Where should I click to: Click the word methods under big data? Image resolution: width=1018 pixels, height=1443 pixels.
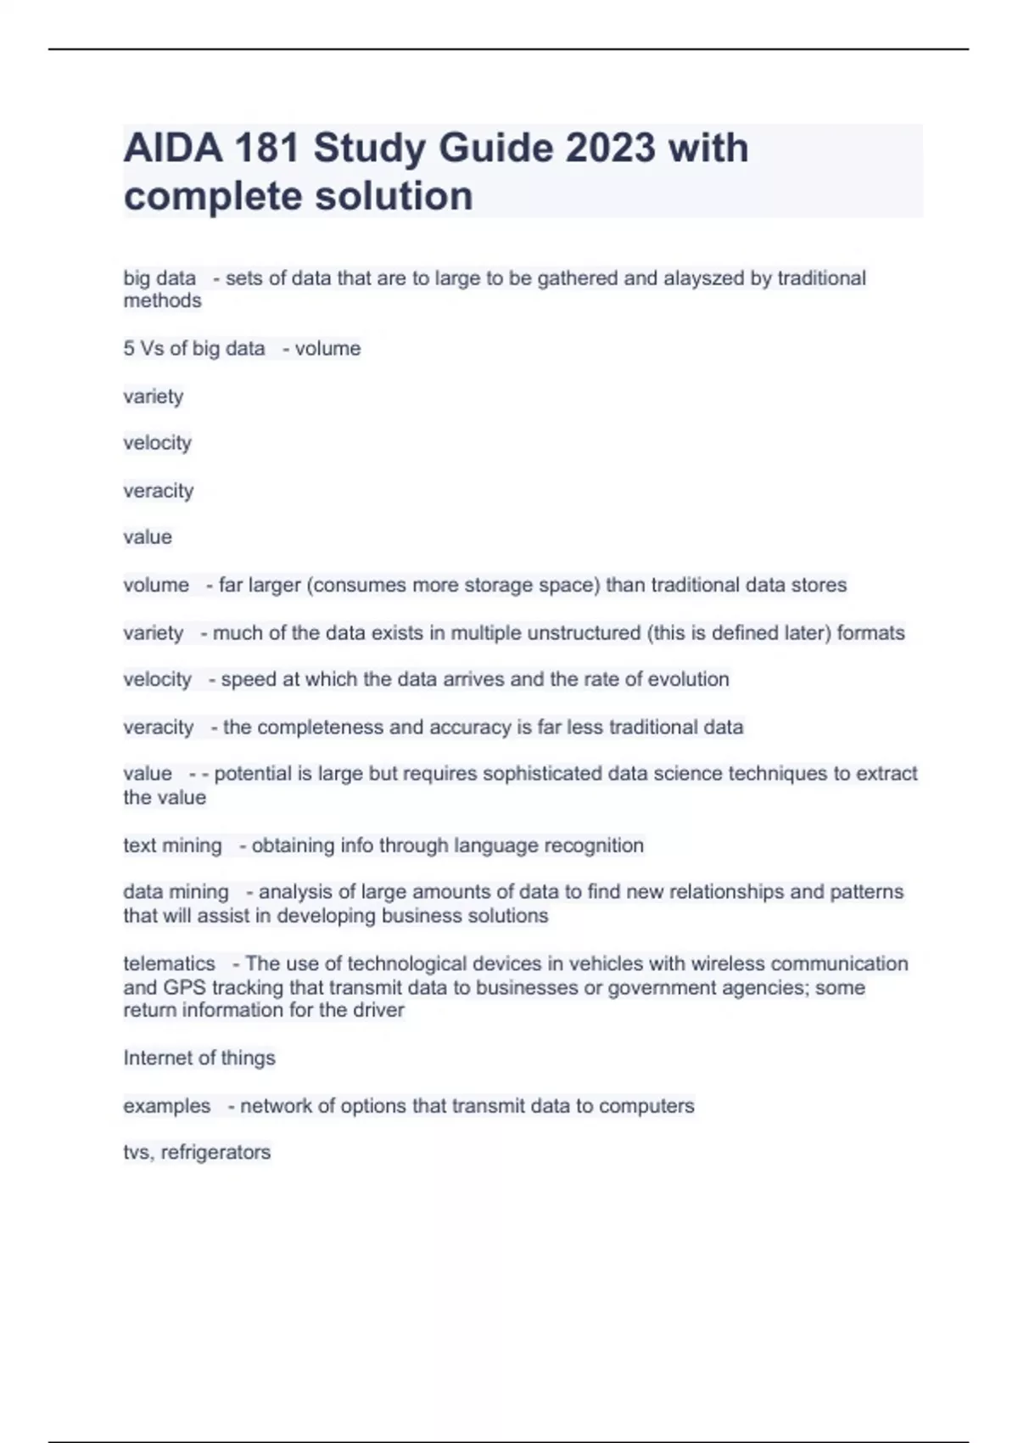pos(162,300)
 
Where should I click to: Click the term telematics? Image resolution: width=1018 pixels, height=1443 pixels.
pos(169,963)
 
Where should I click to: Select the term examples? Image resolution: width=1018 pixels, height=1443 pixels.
pos(166,1106)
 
